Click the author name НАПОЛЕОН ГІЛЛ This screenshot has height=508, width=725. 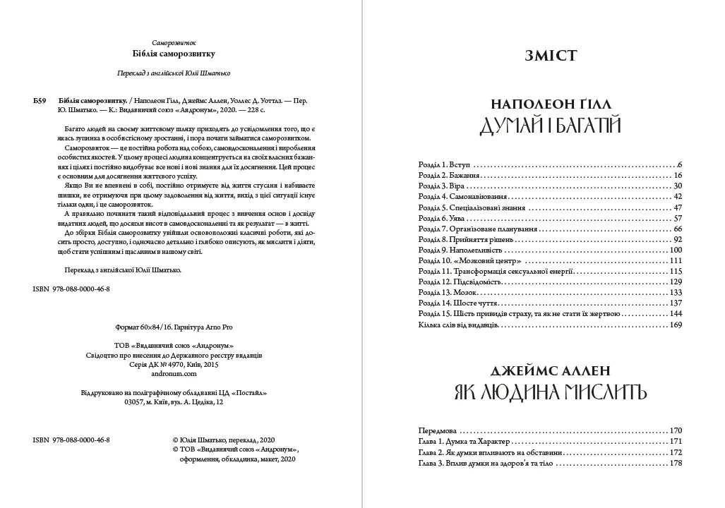coord(551,100)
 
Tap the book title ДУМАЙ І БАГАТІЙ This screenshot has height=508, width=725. coord(551,126)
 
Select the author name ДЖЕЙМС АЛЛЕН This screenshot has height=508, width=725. coord(551,370)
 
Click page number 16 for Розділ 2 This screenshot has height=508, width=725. coord(678,175)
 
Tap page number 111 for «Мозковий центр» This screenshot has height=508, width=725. coord(676,261)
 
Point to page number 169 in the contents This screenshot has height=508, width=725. coord(676,325)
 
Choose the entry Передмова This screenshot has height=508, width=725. coord(438,430)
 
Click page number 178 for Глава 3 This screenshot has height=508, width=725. coord(676,463)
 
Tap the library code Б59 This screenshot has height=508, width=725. coord(40,100)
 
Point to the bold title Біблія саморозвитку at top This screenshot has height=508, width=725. coord(173,54)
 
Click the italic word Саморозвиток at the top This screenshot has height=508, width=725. coord(173,42)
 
